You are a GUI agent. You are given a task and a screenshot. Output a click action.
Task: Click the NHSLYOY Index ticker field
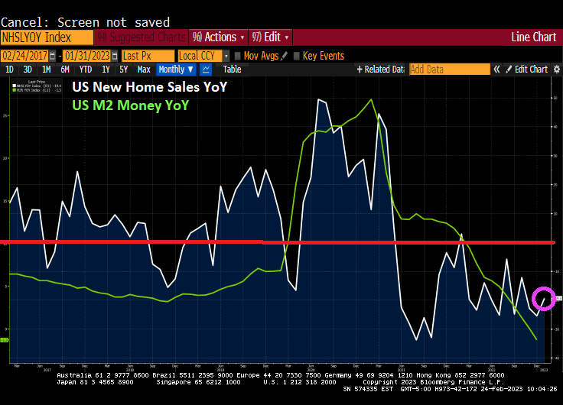coord(46,37)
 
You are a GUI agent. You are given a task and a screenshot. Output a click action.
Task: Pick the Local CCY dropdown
coord(201,56)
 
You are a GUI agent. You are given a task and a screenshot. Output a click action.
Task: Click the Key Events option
coord(324,56)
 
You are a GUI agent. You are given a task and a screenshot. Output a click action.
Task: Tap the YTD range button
coord(86,70)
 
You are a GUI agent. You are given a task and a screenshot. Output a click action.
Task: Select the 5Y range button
coord(124,70)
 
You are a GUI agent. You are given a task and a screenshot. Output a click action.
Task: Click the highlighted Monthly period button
coord(175,70)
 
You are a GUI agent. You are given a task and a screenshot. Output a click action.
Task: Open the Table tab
coord(232,70)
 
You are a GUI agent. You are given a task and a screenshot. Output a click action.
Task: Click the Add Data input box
coord(449,70)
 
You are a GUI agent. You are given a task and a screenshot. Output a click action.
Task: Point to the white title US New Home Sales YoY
coord(149,88)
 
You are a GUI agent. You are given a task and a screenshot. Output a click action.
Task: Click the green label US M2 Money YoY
coord(130,105)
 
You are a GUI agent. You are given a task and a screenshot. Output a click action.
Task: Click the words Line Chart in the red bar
coord(533,37)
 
